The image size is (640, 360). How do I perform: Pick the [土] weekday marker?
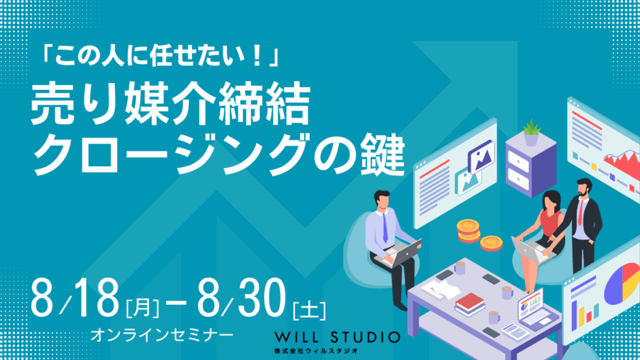[x=309, y=310]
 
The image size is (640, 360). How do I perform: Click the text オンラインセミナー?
[x=161, y=335]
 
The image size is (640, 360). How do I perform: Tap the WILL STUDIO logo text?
[x=337, y=338]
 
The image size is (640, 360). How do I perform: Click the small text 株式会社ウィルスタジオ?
[x=317, y=350]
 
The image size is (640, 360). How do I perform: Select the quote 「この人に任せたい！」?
[x=159, y=56]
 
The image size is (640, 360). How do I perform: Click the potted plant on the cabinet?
[x=531, y=132]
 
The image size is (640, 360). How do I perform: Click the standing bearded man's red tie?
[x=580, y=212]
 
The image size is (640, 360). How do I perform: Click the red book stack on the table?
[x=470, y=304]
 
